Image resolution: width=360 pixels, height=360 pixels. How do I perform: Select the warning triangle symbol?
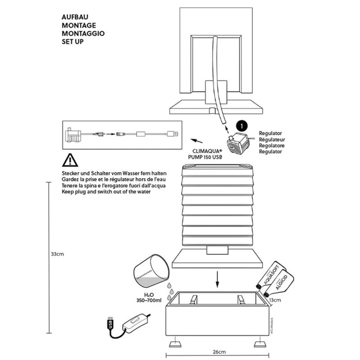[x=70, y=160]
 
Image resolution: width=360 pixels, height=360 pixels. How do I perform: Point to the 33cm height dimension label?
[x=57, y=254]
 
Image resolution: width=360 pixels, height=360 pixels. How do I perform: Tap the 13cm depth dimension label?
[x=274, y=300]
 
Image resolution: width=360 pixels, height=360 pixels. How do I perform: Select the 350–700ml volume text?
[x=149, y=300]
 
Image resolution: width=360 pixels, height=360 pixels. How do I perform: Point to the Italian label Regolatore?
[x=271, y=145]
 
